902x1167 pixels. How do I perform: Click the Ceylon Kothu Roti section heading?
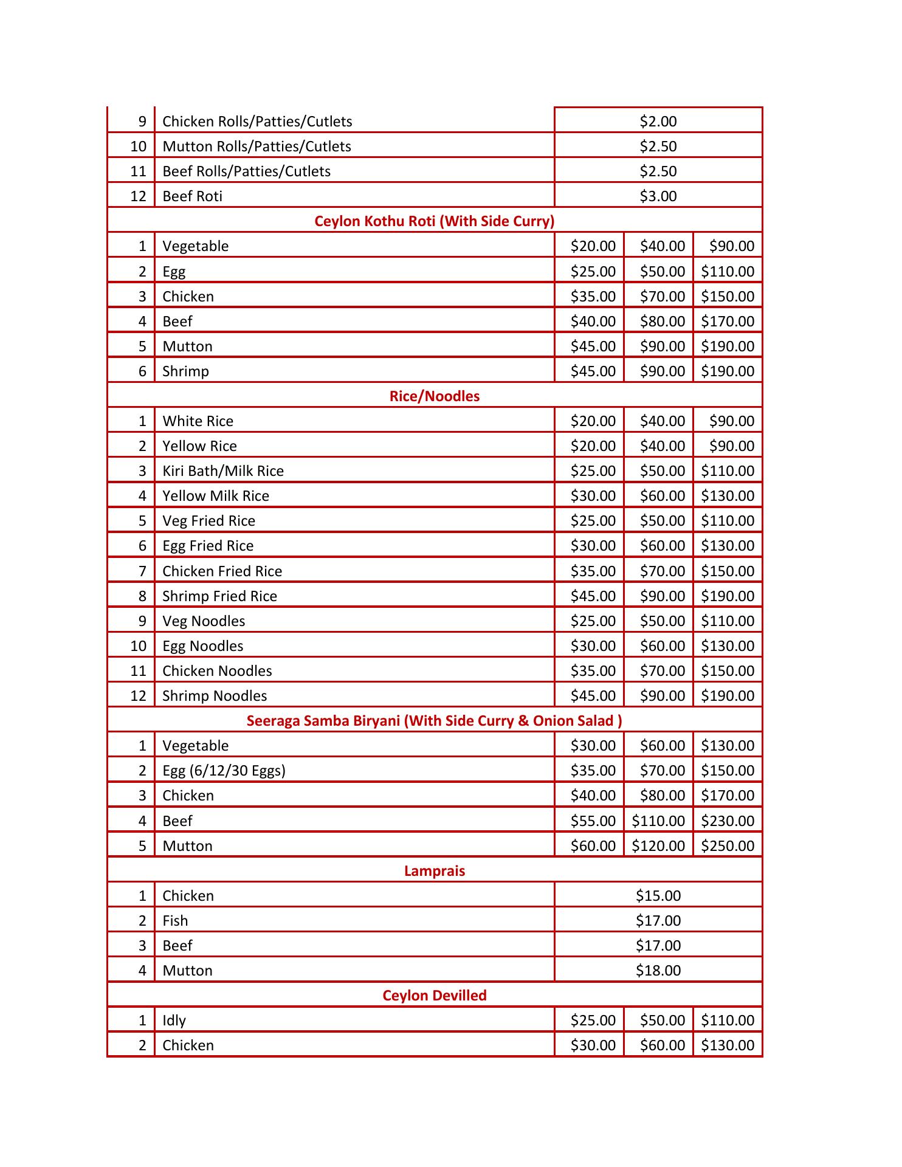[x=434, y=221]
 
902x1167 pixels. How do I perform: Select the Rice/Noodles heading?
[x=434, y=396]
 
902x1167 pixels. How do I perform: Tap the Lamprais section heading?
[x=434, y=871]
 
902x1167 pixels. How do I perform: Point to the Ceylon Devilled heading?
[x=434, y=996]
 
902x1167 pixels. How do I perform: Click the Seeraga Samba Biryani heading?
[x=434, y=721]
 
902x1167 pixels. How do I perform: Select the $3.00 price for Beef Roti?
[x=658, y=196]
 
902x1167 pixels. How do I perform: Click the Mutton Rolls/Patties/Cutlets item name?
[x=256, y=146]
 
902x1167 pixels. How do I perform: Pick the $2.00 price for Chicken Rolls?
[x=658, y=122]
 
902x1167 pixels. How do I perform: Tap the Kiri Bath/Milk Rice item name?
[x=223, y=471]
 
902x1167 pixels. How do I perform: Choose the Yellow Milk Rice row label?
[x=216, y=496]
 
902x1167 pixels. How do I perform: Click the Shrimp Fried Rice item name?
[x=219, y=596]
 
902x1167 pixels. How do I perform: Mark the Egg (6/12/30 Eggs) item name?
[x=224, y=771]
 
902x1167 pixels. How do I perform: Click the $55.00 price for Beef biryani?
[x=593, y=821]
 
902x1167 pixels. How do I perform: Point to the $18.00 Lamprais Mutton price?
[x=658, y=971]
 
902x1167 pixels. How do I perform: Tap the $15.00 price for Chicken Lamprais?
[x=658, y=896]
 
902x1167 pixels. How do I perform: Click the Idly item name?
[x=174, y=1021]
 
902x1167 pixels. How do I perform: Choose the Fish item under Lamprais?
[x=175, y=921]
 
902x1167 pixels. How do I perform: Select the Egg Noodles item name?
[x=202, y=646]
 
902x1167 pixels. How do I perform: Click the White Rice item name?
[x=198, y=421]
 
